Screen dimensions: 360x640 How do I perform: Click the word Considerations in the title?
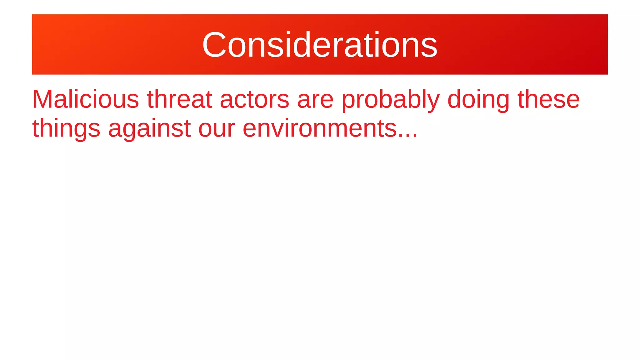[x=320, y=45]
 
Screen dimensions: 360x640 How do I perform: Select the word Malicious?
[x=86, y=99]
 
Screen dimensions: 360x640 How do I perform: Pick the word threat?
[x=179, y=99]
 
